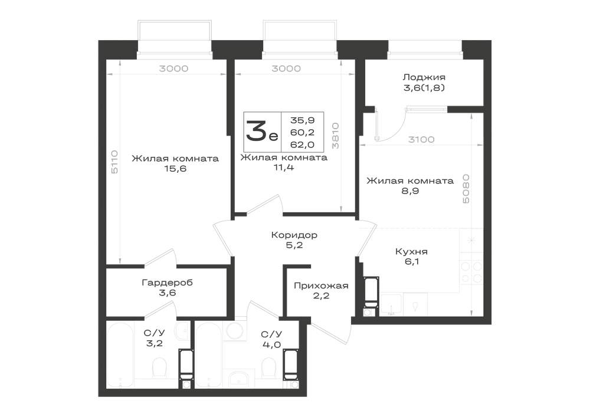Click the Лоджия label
click(424, 77)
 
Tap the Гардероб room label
click(167, 283)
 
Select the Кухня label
click(411, 251)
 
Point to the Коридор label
click(294, 235)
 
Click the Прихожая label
click(321, 286)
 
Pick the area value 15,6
click(175, 169)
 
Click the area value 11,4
click(284, 168)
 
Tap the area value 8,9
click(410, 191)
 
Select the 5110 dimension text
click(115, 162)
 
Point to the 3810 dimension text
click(336, 136)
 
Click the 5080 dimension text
click(466, 189)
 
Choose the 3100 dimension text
click(421, 140)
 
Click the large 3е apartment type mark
click(262, 132)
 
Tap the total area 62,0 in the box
click(302, 145)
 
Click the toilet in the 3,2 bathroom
click(159, 367)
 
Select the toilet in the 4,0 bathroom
click(268, 367)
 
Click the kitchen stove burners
click(471, 272)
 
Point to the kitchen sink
click(392, 304)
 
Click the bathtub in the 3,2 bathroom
click(120, 355)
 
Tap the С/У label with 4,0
click(271, 334)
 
